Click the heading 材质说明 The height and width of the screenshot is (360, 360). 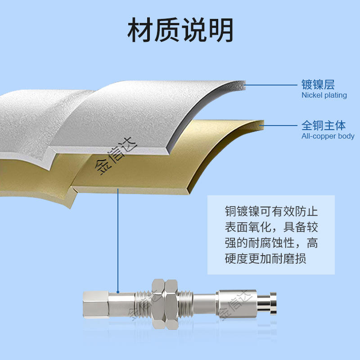180,30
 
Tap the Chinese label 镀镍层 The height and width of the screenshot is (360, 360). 318,84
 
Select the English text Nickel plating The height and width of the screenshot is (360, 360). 324,95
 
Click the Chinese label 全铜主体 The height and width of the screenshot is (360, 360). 324,125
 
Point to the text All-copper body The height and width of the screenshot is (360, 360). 328,136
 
